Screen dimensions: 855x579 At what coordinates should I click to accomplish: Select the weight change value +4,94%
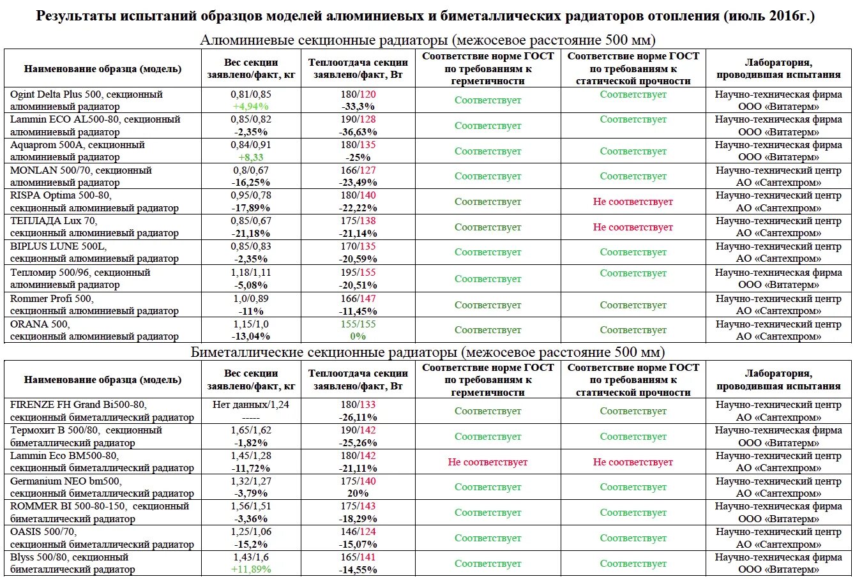click(251, 107)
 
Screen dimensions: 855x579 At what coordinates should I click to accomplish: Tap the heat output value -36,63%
click(358, 132)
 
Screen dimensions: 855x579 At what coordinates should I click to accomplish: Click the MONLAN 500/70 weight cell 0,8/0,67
click(251, 170)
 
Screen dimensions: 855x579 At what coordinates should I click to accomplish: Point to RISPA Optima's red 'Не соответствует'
click(633, 202)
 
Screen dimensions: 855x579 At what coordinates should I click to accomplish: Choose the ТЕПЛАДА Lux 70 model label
click(54, 221)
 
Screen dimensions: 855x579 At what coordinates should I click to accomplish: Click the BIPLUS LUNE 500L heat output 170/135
click(358, 246)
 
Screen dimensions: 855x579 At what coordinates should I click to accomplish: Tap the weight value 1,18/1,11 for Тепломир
click(251, 273)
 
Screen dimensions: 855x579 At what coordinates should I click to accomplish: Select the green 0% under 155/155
click(358, 336)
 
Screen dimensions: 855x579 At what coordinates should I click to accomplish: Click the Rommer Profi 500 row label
click(52, 299)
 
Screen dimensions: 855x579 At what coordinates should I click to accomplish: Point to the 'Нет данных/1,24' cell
click(251, 405)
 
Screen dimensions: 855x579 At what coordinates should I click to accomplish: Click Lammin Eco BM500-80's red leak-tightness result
click(487, 462)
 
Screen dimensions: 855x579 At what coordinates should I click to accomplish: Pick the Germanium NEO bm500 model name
click(66, 481)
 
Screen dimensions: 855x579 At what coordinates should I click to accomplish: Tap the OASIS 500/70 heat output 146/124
click(358, 532)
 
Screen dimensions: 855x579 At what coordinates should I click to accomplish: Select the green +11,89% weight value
click(251, 569)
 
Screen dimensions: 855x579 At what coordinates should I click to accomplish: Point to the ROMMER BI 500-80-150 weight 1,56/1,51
click(251, 506)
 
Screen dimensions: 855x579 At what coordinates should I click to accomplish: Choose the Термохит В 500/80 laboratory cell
click(778, 436)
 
